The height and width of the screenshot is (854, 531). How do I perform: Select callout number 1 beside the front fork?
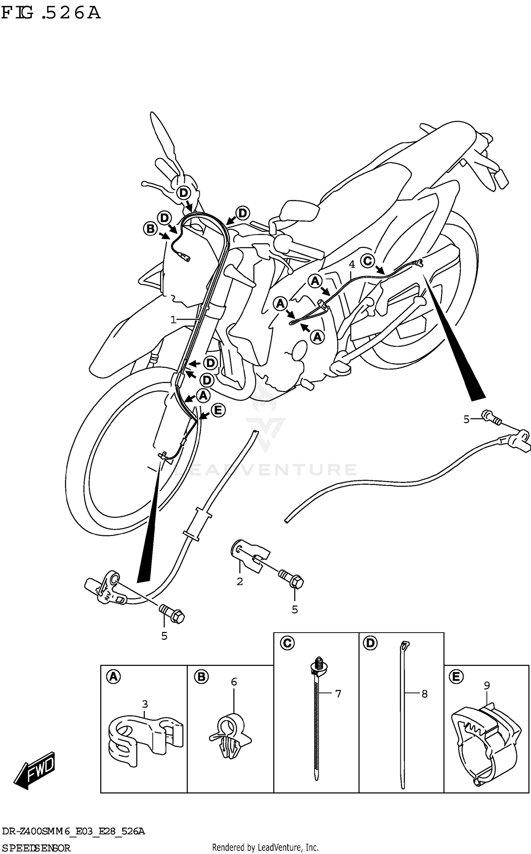173,320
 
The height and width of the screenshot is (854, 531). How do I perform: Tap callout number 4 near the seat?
352,264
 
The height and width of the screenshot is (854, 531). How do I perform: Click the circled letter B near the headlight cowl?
150,229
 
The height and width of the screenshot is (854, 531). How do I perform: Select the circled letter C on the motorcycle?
368,261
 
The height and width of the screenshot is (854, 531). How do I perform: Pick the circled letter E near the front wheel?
218,410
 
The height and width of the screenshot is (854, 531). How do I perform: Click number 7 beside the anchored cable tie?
338,694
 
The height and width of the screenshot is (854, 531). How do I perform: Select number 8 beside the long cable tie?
424,694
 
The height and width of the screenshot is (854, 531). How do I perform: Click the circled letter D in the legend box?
370,643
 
